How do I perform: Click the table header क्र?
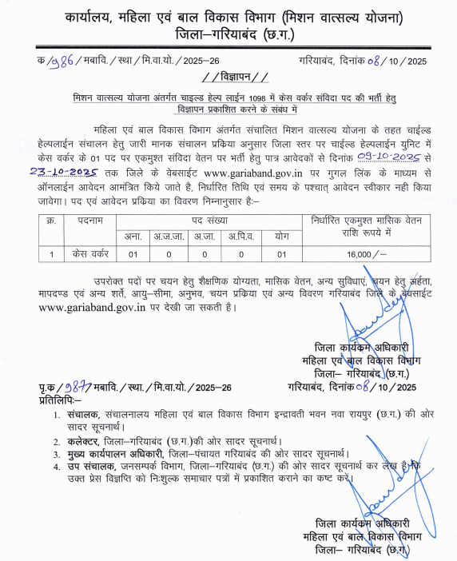point(50,220)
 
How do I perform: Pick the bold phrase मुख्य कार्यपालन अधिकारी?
point(118,454)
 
